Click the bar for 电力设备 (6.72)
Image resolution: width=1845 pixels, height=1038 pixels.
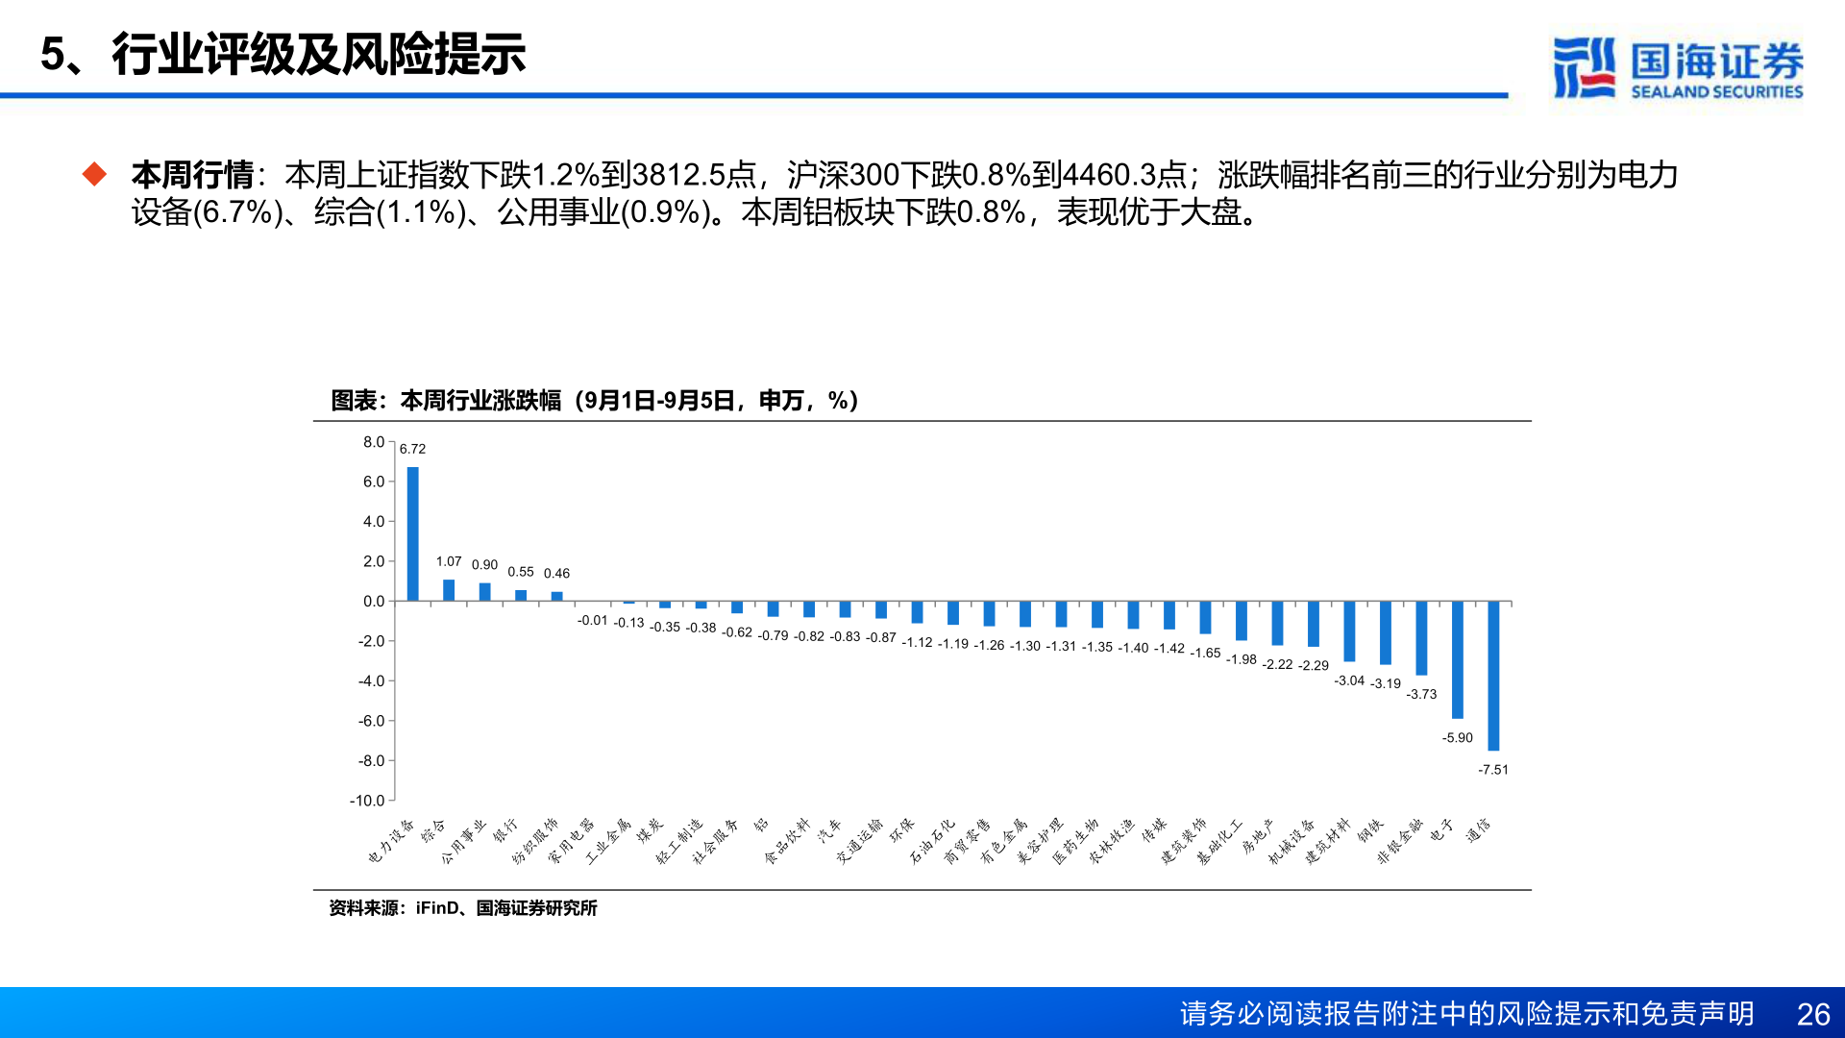[412, 533]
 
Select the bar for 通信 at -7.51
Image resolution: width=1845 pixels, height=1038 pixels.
[1493, 676]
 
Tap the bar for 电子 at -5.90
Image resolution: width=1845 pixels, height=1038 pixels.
[1458, 659]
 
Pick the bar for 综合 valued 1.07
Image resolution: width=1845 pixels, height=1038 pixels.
[449, 590]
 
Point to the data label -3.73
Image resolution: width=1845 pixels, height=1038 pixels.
[1421, 694]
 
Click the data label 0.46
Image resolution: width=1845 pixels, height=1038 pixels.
[556, 574]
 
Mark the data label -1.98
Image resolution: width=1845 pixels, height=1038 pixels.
[1242, 659]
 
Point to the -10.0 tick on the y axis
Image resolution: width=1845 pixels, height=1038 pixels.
[367, 801]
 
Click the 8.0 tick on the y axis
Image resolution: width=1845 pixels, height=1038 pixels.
[373, 442]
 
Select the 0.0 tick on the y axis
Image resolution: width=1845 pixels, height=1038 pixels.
[373, 602]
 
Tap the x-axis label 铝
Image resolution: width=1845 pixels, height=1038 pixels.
[761, 826]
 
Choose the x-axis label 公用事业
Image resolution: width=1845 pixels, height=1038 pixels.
[464, 842]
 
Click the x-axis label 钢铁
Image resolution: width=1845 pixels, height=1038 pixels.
[1370, 830]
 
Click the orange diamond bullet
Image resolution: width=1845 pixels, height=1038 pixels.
[94, 174]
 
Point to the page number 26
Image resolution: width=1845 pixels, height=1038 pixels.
[1813, 1014]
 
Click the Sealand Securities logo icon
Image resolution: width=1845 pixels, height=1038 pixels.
[1583, 67]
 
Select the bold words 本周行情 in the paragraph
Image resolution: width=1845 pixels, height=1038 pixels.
[192, 175]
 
